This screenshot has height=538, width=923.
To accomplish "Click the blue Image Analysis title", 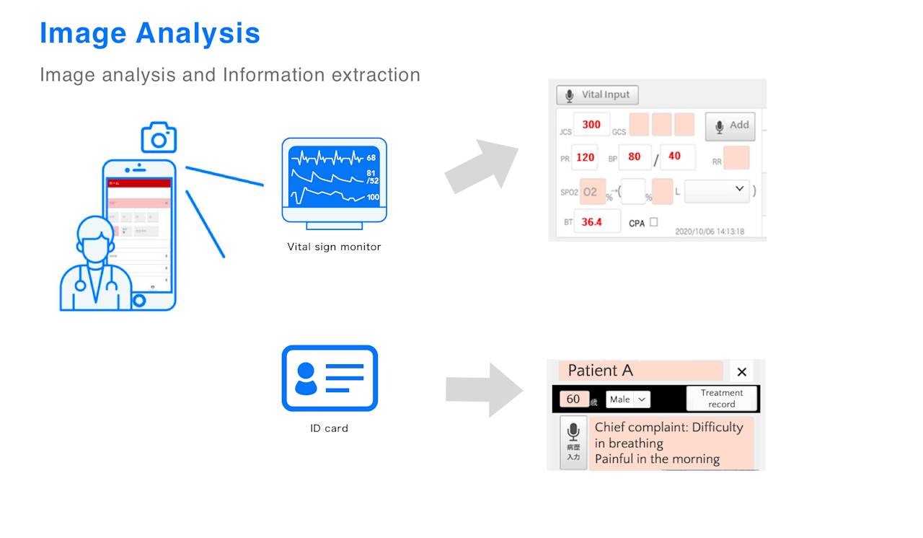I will click(150, 33).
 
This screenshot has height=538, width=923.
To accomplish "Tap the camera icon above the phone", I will click(159, 137).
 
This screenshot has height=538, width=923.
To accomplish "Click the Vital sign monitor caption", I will click(334, 247).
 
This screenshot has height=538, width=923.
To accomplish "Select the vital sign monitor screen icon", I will click(334, 177).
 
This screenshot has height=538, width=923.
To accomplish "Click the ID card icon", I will click(330, 379).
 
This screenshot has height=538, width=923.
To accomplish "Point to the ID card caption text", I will click(329, 428).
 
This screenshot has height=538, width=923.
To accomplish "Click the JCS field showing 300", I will click(591, 125).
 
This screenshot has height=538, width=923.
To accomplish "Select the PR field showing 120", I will click(586, 157).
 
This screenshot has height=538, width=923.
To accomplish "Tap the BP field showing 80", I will click(635, 157).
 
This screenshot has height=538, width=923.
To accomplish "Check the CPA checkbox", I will click(653, 222).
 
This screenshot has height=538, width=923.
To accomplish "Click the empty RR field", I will click(736, 158).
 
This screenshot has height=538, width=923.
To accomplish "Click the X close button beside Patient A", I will click(741, 372).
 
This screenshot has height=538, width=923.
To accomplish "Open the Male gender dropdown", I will click(627, 399).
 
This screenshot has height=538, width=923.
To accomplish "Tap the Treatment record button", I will click(721, 399).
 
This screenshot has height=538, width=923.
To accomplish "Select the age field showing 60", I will click(574, 399).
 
